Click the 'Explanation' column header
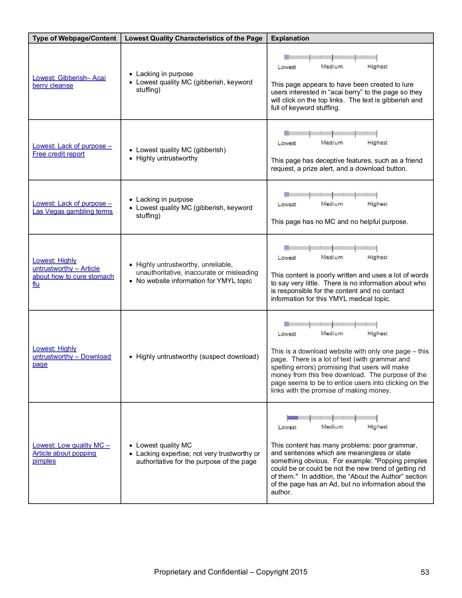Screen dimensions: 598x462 pos(290,38)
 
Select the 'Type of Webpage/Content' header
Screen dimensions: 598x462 pos(74,38)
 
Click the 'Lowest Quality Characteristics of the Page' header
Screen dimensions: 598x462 pos(194,38)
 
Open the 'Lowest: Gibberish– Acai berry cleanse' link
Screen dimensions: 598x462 pos(69,82)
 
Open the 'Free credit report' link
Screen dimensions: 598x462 pos(58,154)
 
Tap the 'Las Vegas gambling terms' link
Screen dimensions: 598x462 pos(72,211)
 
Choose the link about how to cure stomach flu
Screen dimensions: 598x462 pos(73,272)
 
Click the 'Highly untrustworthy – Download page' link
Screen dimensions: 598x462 pos(72,356)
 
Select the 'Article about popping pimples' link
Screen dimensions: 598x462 pos(64,453)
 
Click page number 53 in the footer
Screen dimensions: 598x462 pos(425,572)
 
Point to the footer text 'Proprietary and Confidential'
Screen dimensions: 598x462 pos(201,572)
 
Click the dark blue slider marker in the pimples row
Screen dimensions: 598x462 pos(293,418)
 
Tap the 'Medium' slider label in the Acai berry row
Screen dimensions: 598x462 pos(332,67)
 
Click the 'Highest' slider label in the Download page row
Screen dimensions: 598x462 pos(377,334)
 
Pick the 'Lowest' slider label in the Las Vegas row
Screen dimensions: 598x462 pos(287,204)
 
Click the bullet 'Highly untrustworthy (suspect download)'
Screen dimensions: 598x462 pos(197,356)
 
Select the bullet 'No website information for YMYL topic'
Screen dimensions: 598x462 pos(194,281)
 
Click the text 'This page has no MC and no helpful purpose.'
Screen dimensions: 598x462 pos(339,222)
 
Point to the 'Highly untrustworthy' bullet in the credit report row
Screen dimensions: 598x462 pos(167,158)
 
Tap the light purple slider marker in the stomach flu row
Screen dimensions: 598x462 pos(287,248)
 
